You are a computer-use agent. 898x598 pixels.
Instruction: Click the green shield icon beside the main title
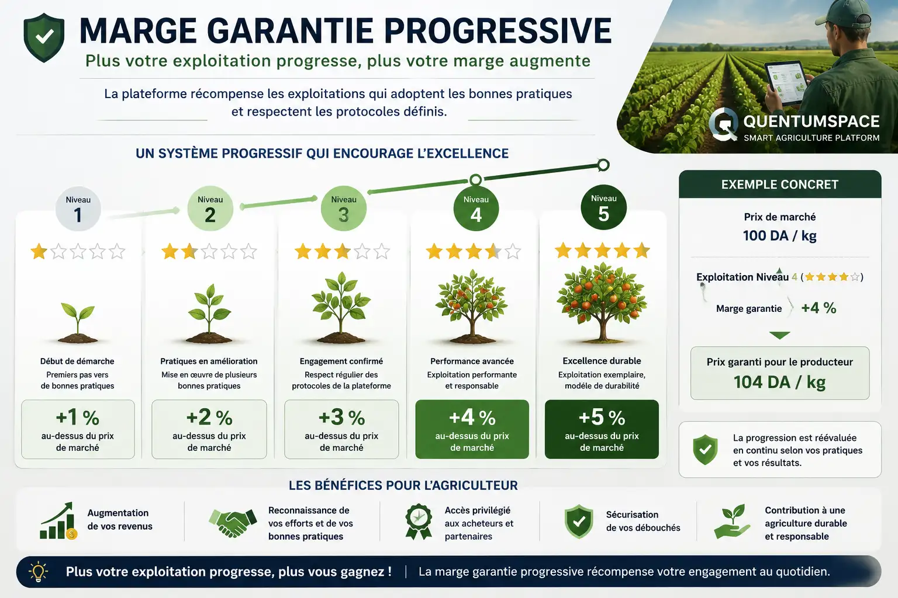point(44,37)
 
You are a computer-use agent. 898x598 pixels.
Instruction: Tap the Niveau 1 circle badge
point(78,208)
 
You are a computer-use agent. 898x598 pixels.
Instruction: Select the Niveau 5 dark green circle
point(603,207)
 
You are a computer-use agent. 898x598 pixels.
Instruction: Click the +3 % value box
point(341,429)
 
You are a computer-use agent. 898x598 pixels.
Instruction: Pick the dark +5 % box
point(602,429)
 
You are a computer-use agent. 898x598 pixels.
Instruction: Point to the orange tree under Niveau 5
point(602,303)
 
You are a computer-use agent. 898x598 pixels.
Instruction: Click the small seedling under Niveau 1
point(78,323)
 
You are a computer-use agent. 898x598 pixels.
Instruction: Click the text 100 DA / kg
point(780,235)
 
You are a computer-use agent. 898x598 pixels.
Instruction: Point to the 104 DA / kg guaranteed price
point(780,382)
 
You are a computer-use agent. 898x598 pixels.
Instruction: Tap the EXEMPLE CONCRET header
point(780,184)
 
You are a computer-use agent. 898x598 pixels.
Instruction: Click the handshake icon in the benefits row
point(233,522)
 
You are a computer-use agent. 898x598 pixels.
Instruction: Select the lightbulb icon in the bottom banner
point(38,572)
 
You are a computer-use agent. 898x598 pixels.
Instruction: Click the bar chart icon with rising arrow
point(58,521)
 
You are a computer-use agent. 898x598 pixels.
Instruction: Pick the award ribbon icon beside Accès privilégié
point(419,521)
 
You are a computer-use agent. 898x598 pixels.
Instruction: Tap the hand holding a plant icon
point(731,521)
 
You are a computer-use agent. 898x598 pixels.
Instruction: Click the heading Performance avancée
point(472,361)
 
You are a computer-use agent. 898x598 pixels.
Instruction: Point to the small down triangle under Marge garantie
point(780,335)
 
